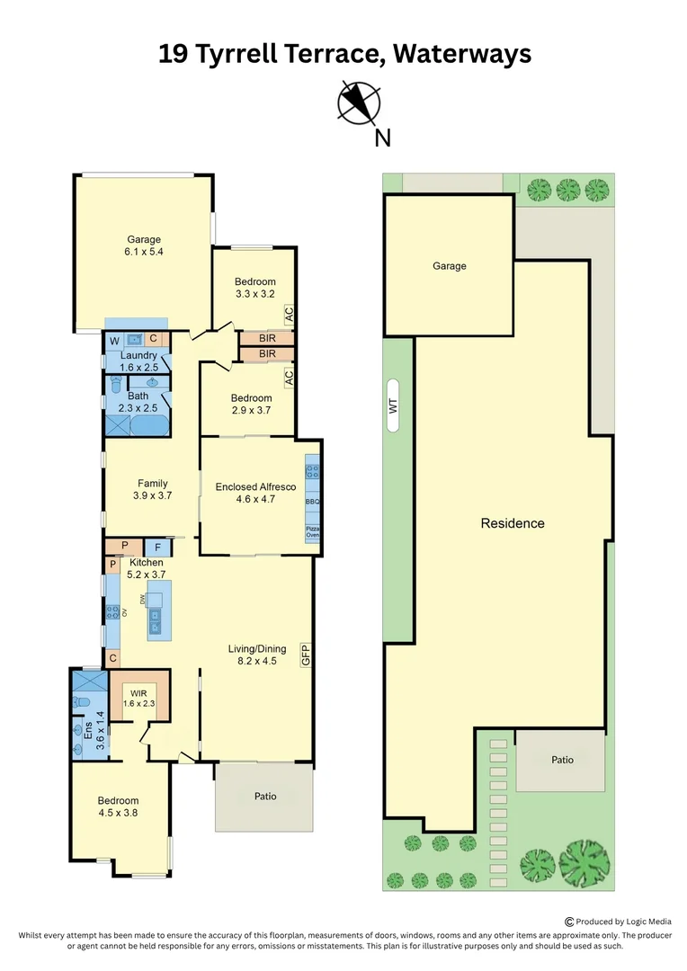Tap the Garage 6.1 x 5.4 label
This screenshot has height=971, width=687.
(144, 245)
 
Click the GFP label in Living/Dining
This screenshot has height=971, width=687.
(305, 655)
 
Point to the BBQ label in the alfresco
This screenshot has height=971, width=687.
(312, 502)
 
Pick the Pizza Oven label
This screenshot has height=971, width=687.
(313, 531)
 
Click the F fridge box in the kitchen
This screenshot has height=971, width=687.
(158, 548)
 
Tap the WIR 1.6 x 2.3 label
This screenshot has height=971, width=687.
(138, 699)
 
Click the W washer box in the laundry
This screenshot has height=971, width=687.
(114, 341)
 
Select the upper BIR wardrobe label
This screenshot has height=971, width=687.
(267, 339)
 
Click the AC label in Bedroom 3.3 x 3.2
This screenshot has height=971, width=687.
(289, 315)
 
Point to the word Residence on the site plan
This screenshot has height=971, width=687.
(513, 523)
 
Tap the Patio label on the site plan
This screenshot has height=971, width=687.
(563, 760)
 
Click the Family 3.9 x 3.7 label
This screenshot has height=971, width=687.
(152, 489)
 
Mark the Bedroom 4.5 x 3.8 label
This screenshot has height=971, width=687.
(118, 806)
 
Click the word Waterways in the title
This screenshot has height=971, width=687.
(462, 54)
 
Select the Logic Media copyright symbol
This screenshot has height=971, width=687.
(569, 922)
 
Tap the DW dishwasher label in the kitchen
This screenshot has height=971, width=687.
(142, 600)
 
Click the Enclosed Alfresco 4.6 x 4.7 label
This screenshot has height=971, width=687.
(255, 493)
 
